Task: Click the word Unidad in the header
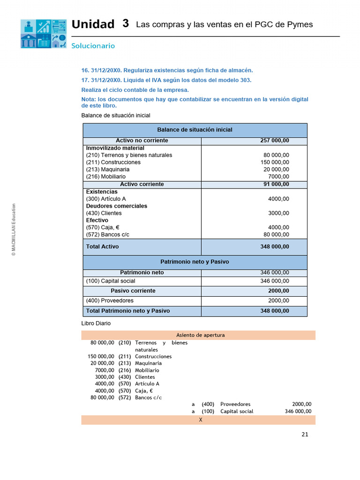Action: [93, 24]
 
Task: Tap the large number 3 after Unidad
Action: [125, 23]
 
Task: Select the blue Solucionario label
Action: [93, 46]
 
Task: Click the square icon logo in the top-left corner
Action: [43, 34]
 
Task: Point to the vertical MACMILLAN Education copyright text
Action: [14, 229]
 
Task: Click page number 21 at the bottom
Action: [305, 435]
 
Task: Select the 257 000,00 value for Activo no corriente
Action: [275, 141]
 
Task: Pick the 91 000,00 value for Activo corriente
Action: [276, 184]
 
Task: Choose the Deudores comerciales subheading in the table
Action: [116, 206]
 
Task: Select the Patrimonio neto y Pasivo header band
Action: [195, 262]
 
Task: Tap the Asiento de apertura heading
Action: [200, 335]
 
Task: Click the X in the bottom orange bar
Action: [201, 420]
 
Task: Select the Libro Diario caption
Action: [96, 323]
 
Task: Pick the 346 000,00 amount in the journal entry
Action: [298, 411]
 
